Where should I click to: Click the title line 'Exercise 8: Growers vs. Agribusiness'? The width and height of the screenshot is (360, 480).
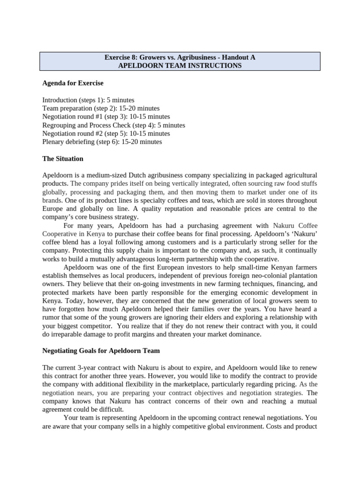click(180, 57)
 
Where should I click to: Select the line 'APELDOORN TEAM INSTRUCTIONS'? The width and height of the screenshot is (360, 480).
click(180, 66)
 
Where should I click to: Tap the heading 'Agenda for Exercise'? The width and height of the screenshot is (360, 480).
click(73, 83)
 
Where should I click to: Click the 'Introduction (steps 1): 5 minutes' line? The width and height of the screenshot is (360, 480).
click(88, 100)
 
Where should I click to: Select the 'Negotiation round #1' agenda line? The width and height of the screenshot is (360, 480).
click(106, 116)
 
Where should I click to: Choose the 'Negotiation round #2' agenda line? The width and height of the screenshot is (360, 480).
click(106, 133)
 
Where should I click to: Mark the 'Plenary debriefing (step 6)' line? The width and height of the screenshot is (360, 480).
click(102, 142)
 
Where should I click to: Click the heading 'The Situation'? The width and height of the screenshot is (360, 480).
click(63, 158)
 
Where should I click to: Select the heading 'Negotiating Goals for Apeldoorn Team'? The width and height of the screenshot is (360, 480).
click(101, 351)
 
